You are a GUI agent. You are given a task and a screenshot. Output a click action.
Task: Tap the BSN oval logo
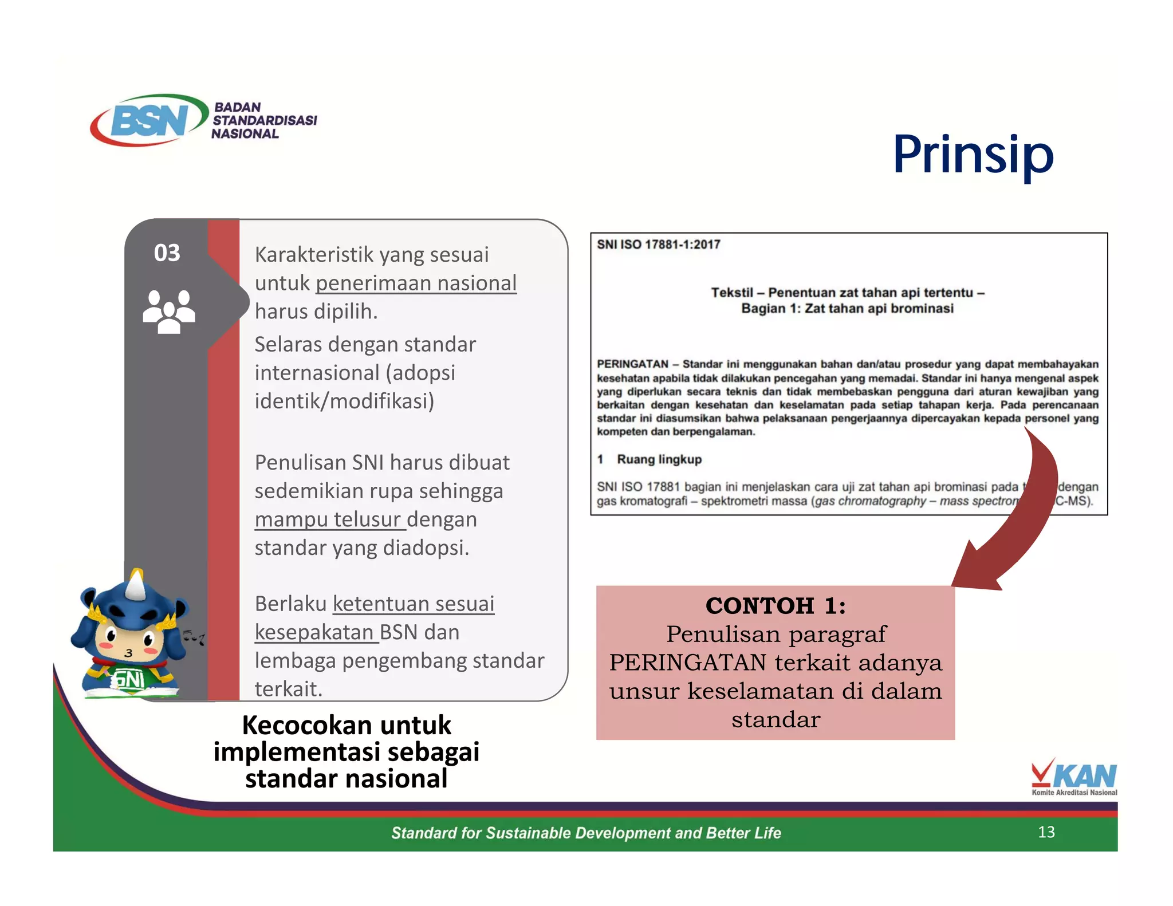click(x=149, y=120)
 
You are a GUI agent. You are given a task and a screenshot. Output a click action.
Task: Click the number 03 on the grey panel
click(x=167, y=253)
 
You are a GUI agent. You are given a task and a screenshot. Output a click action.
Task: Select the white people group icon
click(x=168, y=312)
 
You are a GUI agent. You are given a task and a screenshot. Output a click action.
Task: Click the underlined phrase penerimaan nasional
click(x=416, y=283)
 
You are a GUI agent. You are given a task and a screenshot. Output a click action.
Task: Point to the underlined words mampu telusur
click(x=328, y=519)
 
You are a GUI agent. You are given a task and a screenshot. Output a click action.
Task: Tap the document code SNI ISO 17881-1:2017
click(x=658, y=245)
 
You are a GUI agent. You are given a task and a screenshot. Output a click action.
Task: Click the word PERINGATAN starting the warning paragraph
click(x=632, y=364)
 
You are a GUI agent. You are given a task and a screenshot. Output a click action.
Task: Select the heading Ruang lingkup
click(x=659, y=459)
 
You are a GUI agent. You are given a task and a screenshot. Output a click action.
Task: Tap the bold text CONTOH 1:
click(x=775, y=605)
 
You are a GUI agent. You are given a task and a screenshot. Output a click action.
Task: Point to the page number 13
click(x=1046, y=832)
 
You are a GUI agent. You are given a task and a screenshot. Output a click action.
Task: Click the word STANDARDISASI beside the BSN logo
click(x=265, y=120)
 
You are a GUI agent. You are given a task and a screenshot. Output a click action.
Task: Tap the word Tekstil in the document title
click(x=731, y=293)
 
